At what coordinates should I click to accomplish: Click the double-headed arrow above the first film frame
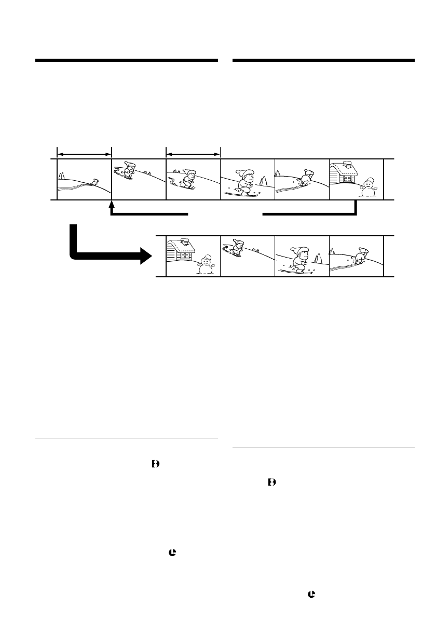click(84, 154)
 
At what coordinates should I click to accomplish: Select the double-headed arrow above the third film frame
click(193, 154)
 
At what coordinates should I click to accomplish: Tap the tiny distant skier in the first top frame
click(94, 182)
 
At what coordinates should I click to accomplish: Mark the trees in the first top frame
click(62, 176)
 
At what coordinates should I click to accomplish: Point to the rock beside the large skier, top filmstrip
click(264, 182)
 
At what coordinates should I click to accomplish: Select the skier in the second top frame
click(129, 171)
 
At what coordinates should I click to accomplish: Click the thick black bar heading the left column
click(126, 61)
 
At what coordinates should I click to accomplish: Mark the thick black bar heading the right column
click(324, 61)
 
